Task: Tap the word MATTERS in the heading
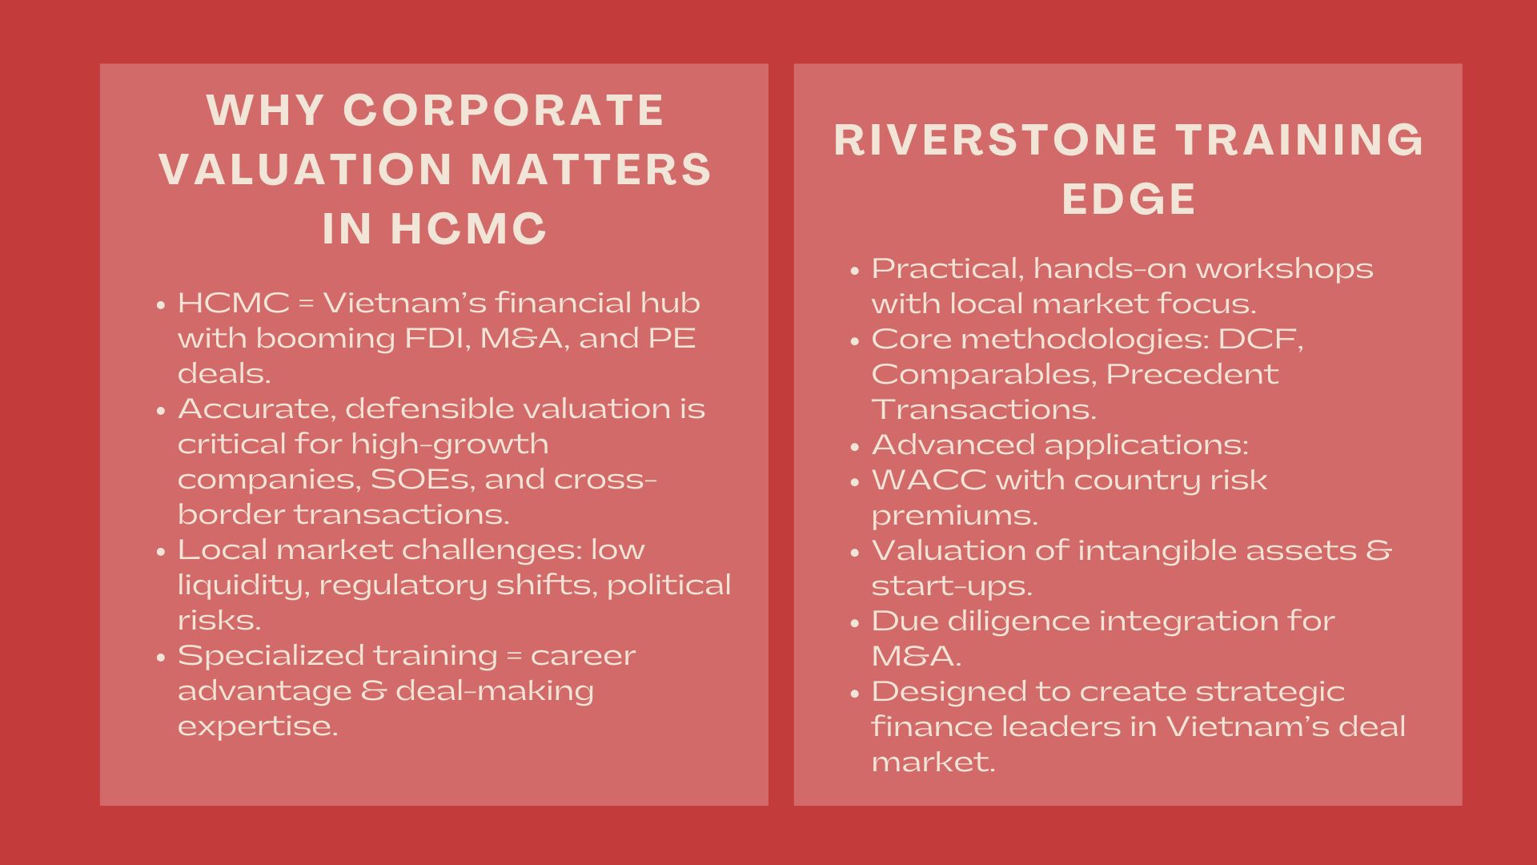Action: [592, 169]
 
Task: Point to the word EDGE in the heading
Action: [1129, 199]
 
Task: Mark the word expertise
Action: [258, 726]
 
